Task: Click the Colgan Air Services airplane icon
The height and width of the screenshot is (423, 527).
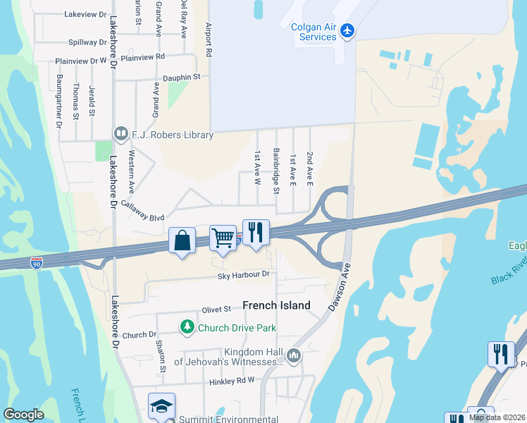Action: (347, 31)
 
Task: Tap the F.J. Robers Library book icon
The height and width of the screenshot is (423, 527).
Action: (120, 133)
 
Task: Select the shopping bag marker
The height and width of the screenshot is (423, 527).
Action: (182, 240)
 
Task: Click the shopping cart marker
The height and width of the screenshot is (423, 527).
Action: (223, 238)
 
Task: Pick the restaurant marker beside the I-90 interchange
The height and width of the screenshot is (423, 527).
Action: (256, 232)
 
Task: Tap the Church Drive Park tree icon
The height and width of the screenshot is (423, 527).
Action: (187, 327)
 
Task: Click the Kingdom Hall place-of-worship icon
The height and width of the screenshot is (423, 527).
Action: (294, 355)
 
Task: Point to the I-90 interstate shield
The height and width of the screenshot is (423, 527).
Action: (37, 262)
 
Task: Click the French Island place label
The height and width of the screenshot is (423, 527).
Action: (276, 305)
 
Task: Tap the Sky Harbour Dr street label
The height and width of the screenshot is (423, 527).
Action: (244, 274)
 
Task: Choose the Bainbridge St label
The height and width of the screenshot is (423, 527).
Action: (277, 171)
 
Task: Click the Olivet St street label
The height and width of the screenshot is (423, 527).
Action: (216, 309)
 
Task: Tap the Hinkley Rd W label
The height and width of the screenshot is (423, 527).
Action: (231, 381)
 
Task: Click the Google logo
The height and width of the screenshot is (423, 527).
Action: (23, 415)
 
